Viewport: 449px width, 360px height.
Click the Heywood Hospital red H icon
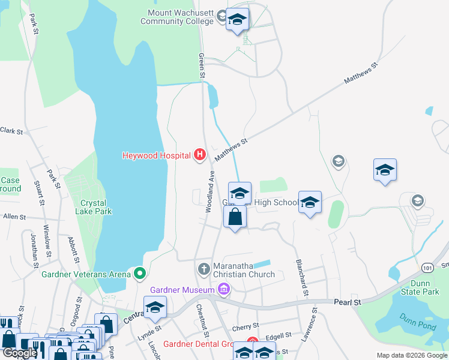[200, 155]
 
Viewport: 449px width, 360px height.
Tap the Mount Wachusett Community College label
[177, 17]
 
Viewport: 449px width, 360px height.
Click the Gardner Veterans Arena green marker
[140, 274]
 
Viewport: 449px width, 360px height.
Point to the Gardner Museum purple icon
[224, 290]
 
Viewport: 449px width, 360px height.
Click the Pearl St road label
[349, 303]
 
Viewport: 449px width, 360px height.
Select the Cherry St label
[245, 327]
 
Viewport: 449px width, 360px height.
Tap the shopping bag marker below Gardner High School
[235, 217]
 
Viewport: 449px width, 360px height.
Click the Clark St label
[11, 130]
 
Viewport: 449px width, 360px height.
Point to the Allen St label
[14, 216]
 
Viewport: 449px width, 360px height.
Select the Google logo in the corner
[20, 353]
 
